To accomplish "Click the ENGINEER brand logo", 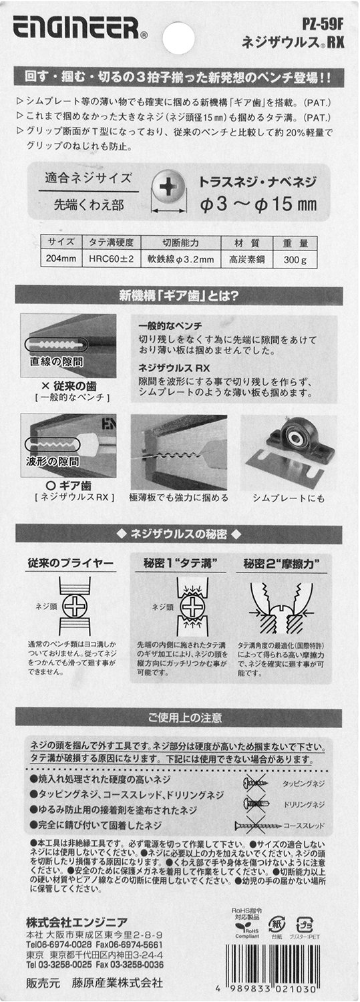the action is (77, 28).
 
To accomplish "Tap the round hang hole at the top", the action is (178, 37).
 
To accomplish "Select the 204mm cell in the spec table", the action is (61, 259).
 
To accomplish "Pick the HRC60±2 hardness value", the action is (112, 259).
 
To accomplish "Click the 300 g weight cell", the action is (295, 259).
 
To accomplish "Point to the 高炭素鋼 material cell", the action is (247, 259).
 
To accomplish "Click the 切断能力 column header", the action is (180, 243).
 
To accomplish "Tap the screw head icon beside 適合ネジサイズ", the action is (168, 186).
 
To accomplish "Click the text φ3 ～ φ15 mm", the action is (258, 204).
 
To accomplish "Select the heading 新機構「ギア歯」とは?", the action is (179, 296).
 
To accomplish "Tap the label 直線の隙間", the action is (56, 361).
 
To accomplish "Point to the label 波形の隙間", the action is (52, 461).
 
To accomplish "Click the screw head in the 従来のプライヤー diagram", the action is (76, 606).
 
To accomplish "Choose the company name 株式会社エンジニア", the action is (76, 922).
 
